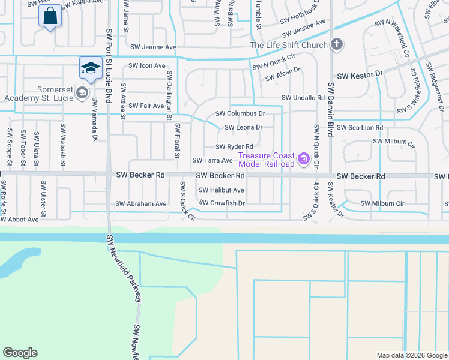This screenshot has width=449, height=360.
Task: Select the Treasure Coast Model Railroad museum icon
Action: (x=303, y=159)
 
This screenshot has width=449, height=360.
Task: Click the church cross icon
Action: (x=337, y=45)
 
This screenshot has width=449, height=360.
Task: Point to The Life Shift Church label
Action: (x=289, y=46)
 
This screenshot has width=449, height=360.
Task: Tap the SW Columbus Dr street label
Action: (x=240, y=113)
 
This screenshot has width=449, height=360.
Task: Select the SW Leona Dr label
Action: (x=243, y=127)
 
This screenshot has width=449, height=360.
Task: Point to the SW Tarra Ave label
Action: (x=212, y=161)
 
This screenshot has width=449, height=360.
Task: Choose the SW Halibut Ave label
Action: (x=218, y=190)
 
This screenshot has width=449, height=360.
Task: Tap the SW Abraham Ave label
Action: (x=141, y=204)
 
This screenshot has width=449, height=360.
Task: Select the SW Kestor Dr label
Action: (x=360, y=76)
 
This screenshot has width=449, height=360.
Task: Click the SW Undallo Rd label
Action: (x=303, y=98)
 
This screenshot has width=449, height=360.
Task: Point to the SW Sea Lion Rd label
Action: (x=360, y=128)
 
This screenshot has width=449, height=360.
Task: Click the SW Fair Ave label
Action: (x=146, y=106)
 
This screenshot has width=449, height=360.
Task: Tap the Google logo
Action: (x=20, y=353)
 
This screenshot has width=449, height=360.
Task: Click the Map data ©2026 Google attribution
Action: (x=411, y=355)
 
